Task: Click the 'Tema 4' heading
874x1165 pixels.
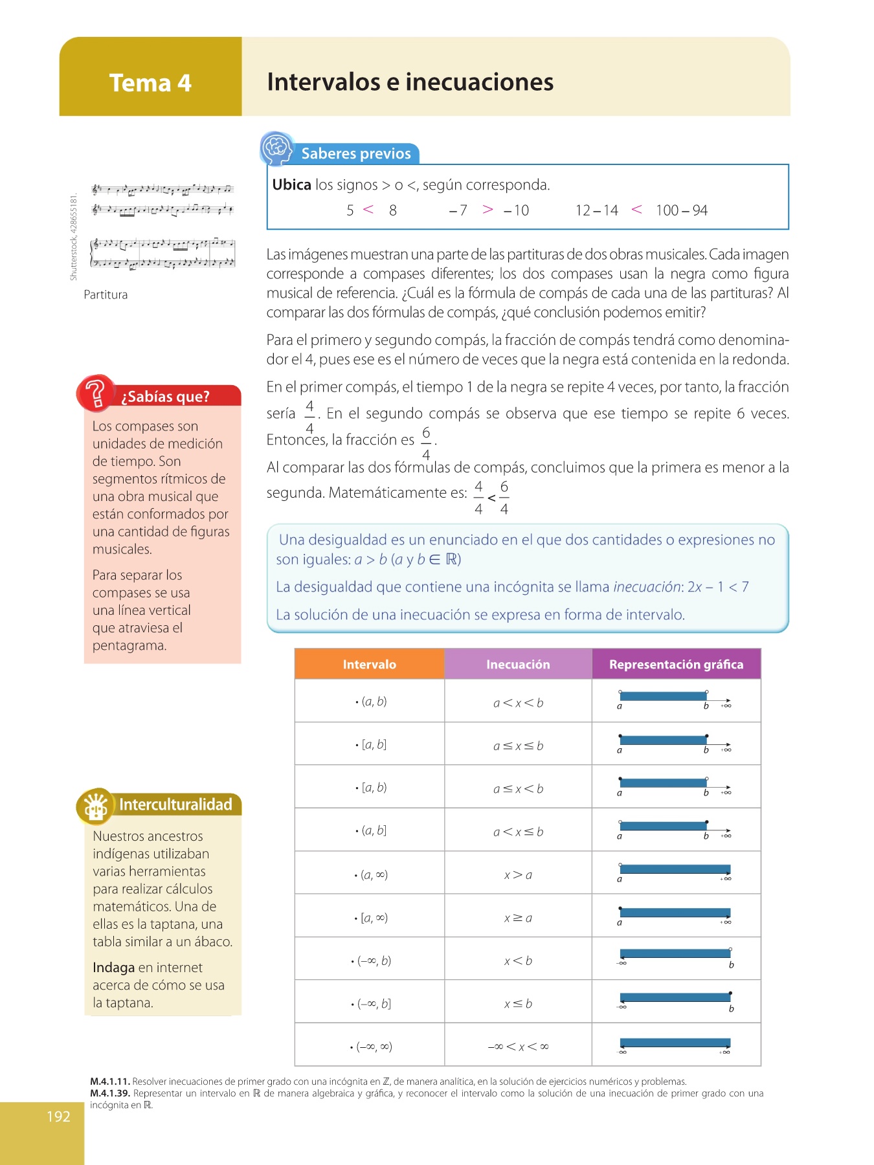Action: tap(150, 83)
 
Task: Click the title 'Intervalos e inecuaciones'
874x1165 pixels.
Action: tap(410, 82)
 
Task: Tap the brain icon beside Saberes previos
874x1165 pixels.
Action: tap(276, 148)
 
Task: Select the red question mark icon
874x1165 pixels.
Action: tap(95, 393)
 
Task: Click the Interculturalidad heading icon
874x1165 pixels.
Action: tap(96, 806)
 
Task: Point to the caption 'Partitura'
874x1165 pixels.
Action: tap(106, 294)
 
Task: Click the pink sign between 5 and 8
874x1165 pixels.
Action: tap(368, 209)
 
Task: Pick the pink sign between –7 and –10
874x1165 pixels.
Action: tap(487, 209)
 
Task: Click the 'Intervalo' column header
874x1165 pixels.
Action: tap(369, 664)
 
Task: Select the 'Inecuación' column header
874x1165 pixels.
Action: tap(518, 664)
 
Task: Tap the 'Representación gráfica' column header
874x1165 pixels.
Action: tap(676, 664)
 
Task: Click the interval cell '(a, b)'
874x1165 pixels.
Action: tap(374, 701)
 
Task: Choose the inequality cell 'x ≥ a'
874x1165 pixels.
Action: tap(518, 918)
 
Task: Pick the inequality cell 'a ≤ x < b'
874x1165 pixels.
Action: tap(518, 788)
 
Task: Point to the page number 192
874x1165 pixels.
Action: tap(58, 1116)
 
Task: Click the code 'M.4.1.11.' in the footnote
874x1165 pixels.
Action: tap(110, 1082)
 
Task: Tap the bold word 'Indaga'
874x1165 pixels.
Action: tap(113, 968)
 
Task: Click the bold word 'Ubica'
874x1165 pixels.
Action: tap(291, 184)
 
